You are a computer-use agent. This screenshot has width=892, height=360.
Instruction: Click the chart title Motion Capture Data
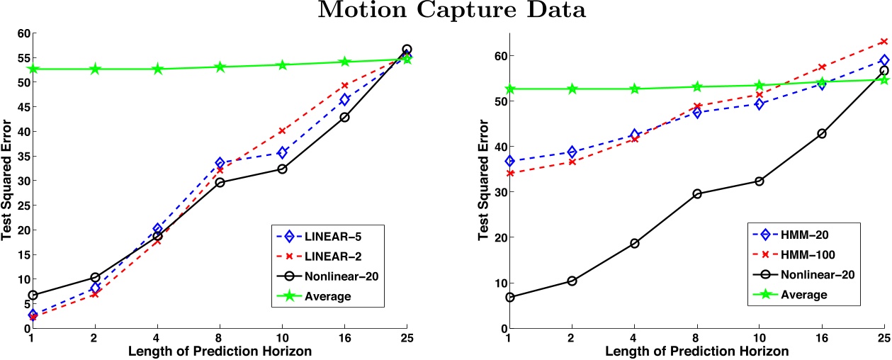tap(446, 11)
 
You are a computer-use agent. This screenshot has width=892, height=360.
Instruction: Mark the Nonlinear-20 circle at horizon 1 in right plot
tap(510, 298)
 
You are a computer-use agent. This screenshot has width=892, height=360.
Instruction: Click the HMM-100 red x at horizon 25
tap(883, 42)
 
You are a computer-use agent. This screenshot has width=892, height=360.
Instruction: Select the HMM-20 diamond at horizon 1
tap(510, 162)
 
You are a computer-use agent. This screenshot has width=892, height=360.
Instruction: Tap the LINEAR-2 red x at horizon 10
tap(282, 131)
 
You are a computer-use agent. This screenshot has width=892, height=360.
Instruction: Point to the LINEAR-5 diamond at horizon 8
tap(220, 163)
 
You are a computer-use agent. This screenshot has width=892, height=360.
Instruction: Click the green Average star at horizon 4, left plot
tap(158, 69)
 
